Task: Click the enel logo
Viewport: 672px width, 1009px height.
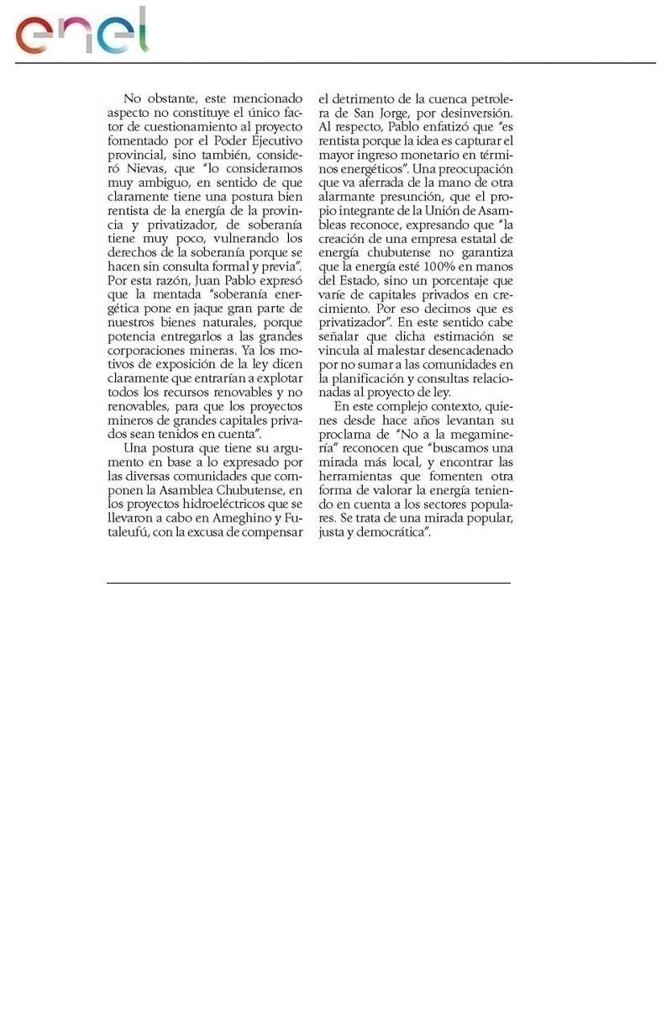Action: pyautogui.click(x=81, y=32)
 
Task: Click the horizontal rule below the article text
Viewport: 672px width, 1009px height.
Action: pyautogui.click(x=308, y=583)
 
